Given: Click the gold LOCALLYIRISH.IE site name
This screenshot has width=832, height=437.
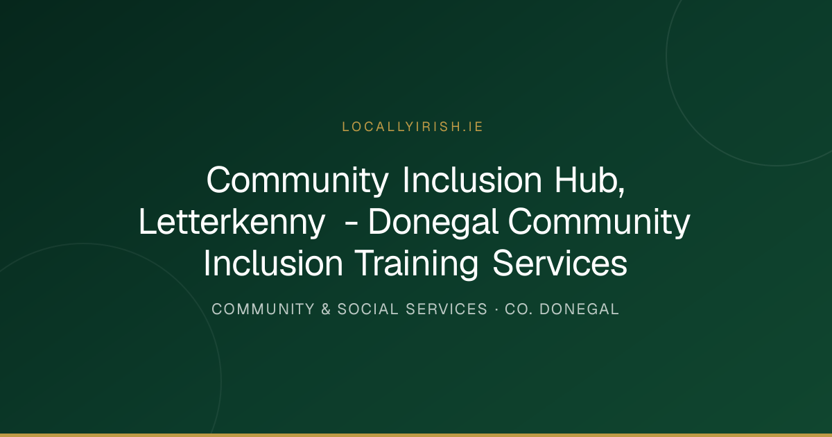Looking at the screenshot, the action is click(413, 127).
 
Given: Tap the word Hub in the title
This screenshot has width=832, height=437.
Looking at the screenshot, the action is click(586, 180).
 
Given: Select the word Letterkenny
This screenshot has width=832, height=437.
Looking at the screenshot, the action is click(232, 222).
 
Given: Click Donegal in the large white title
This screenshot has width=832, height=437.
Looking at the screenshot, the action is click(433, 222).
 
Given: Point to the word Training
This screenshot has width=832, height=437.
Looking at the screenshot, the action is click(417, 264).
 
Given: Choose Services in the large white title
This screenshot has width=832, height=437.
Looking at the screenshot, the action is click(560, 264).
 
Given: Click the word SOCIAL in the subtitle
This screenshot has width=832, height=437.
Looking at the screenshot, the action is click(367, 309).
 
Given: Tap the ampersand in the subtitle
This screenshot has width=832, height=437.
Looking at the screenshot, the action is click(326, 309).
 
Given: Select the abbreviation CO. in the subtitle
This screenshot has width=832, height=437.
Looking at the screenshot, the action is click(519, 309).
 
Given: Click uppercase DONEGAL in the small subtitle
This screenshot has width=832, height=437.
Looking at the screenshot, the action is click(579, 309).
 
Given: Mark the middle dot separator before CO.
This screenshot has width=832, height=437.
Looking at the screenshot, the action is click(496, 309).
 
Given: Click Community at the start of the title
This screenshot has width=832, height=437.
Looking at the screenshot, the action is click(297, 180).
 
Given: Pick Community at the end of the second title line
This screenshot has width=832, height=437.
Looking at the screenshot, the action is click(599, 222).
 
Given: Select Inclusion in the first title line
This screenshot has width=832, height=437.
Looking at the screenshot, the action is click(472, 180).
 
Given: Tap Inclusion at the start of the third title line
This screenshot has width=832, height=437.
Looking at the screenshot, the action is click(273, 264).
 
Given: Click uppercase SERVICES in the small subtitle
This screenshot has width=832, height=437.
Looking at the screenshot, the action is click(447, 309).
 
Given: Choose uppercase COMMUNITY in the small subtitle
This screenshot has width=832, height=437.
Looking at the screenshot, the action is click(263, 309).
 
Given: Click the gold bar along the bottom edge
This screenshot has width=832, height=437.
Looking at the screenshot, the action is click(416, 435).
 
